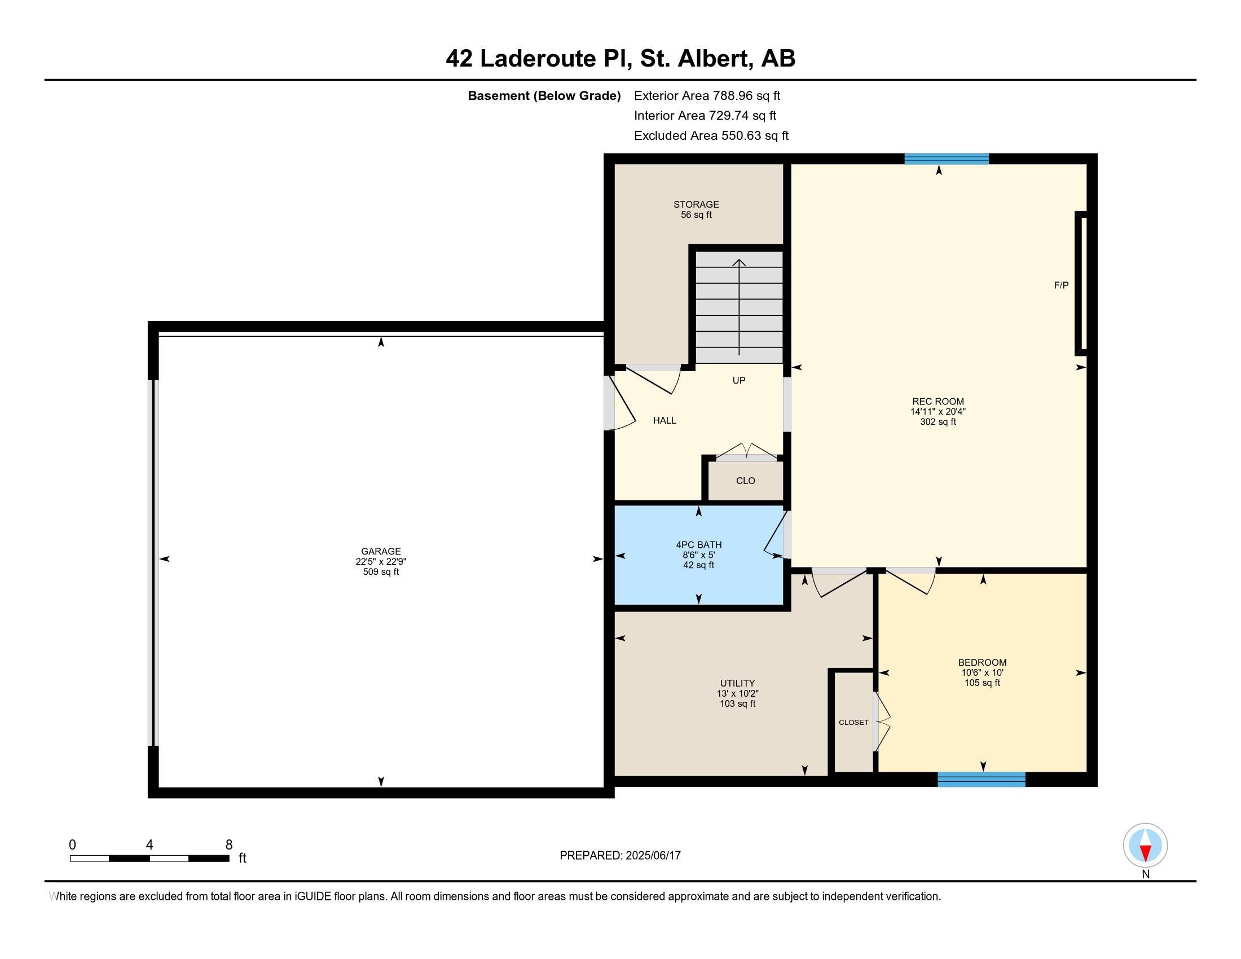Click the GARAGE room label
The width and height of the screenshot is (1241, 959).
coord(381,551)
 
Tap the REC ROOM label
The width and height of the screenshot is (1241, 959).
coord(938,401)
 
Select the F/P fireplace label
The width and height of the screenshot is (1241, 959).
coord(1061,285)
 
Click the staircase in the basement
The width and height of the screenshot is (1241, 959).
coord(739,306)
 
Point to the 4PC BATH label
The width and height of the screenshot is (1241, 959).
coord(698,545)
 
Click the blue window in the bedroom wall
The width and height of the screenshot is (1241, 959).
coord(982,779)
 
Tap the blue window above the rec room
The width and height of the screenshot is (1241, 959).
coord(947,159)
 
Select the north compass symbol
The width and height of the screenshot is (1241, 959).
coord(1145,846)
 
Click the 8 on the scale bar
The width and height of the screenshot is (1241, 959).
coord(229,845)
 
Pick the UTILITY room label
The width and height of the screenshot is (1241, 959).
coord(738,683)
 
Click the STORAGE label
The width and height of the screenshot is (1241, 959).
coord(696,204)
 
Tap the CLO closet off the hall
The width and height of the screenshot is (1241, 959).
coord(746,481)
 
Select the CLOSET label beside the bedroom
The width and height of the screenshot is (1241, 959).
coord(853,722)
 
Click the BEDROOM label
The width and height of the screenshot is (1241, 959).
coord(982,662)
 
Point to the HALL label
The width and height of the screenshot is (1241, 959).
coord(664,420)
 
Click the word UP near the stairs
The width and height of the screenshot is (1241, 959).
coord(739,380)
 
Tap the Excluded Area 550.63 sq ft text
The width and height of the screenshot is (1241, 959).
coord(711,135)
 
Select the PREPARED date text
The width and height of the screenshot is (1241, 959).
coord(620,855)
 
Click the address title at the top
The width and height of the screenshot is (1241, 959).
coord(620,58)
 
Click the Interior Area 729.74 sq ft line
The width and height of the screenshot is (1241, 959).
coord(705,115)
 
